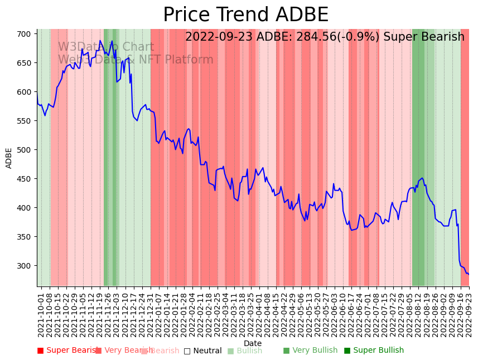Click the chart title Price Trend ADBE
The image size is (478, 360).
[245, 15]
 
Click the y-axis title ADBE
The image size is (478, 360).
[9, 158]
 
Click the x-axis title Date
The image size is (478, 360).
[253, 343]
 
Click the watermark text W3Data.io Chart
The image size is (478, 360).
[105, 47]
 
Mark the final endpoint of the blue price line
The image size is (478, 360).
[469, 274]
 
